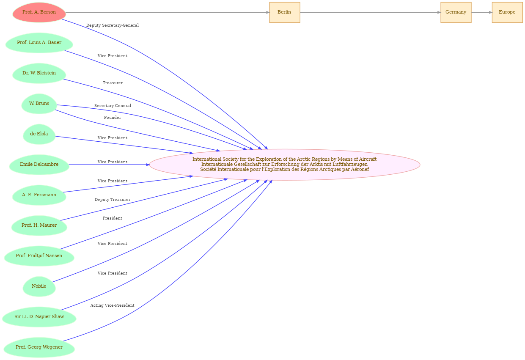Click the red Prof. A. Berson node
click(39, 12)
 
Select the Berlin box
click(285, 12)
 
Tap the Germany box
click(456, 12)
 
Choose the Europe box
click(507, 12)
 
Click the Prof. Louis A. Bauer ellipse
click(39, 43)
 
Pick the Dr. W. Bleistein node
click(39, 73)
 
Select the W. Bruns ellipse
click(39, 104)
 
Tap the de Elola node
click(39, 134)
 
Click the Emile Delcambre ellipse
click(39, 165)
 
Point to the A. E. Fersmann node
click(39, 195)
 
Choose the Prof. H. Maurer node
click(39, 226)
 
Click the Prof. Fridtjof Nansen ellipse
click(39, 256)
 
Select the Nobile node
click(39, 287)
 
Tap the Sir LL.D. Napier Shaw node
click(39, 317)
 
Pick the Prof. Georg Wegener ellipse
click(39, 348)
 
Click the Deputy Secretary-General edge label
click(113, 25)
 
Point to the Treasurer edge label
click(113, 83)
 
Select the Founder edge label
click(113, 118)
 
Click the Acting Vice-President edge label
click(113, 305)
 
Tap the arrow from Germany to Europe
click(482, 12)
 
